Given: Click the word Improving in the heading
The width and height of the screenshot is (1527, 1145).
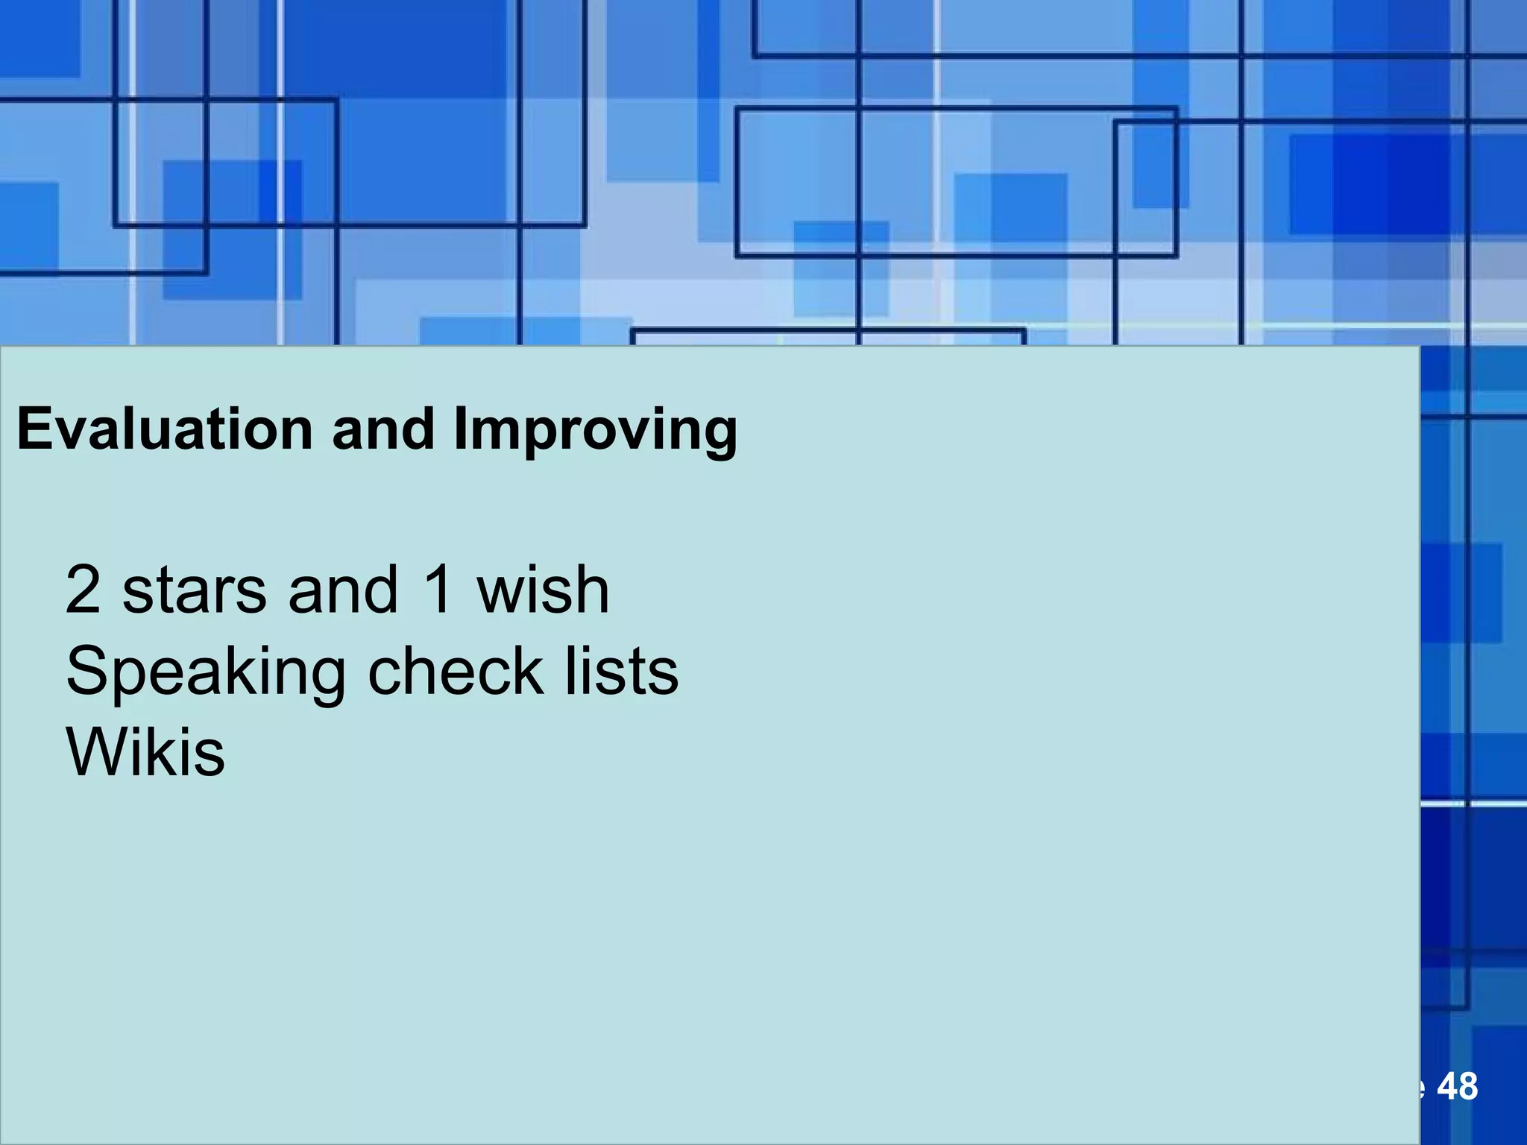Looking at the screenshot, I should [x=596, y=431].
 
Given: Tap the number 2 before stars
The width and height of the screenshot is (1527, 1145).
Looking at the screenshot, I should [x=83, y=590].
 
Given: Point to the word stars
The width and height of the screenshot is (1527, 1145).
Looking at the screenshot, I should [x=195, y=590].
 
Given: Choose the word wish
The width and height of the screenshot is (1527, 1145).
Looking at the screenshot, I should [x=544, y=590].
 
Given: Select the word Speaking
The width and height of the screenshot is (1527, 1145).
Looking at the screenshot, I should [x=206, y=672].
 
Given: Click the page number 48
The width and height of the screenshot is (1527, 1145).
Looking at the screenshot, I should [x=1457, y=1087].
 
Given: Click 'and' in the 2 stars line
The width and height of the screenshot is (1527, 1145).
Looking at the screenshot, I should [x=343, y=590].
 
